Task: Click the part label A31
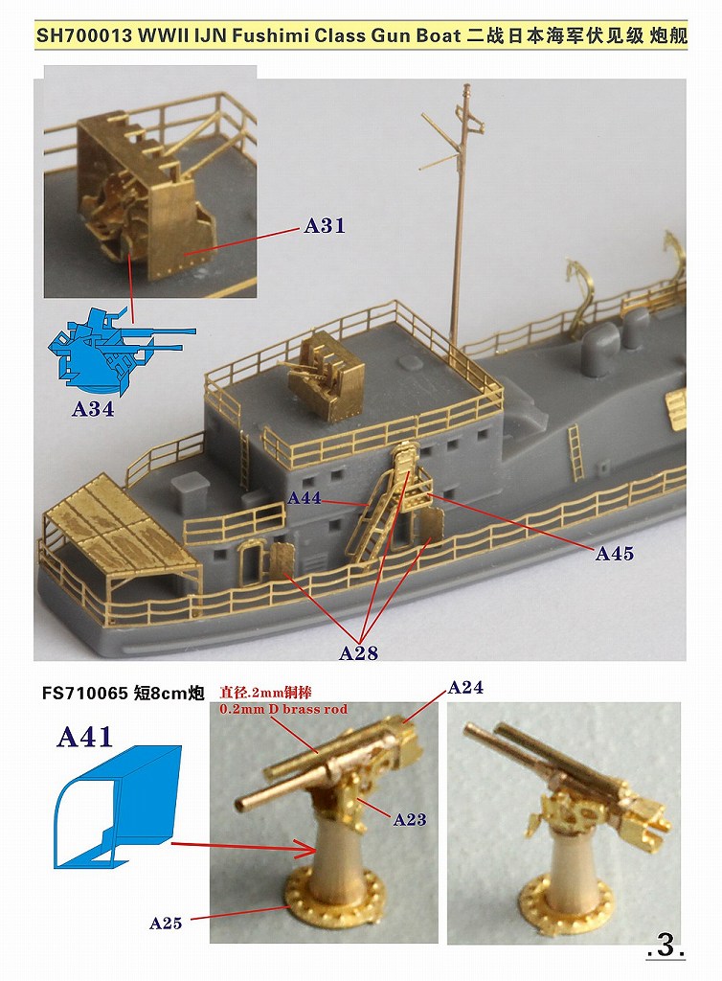pos(324,226)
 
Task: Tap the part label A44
pos(305,499)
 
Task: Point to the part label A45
pos(614,554)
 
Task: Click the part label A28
pos(358,653)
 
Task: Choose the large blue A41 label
pos(85,737)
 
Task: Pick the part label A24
pos(465,687)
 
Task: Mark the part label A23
pos(409,820)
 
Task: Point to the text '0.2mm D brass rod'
pos(283,710)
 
